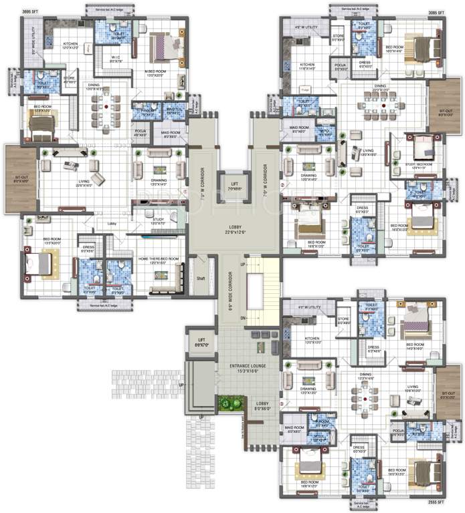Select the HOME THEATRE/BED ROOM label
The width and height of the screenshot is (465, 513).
pos(159,261)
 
